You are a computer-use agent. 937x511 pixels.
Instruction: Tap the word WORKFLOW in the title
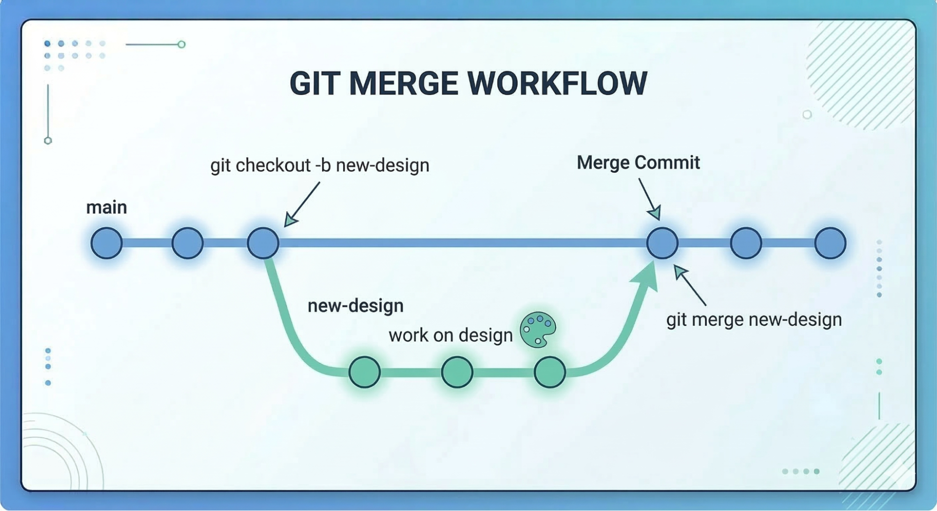[x=557, y=83]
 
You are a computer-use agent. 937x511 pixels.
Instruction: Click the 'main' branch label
[x=106, y=207]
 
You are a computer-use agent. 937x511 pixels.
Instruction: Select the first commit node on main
[x=106, y=243]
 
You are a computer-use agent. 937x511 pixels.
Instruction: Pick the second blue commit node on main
[x=187, y=243]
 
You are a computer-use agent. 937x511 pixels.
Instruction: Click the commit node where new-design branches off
[x=263, y=243]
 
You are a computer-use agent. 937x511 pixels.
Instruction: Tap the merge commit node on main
[x=662, y=243]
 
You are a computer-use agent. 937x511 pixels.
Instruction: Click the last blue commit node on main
[x=830, y=243]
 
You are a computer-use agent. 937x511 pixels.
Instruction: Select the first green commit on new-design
[x=364, y=372]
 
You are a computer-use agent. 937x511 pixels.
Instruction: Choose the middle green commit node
[x=457, y=372]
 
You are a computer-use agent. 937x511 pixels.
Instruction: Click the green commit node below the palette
[x=550, y=372]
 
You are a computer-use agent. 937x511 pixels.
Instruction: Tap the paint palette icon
[x=538, y=330]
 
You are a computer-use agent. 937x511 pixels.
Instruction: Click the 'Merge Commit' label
[x=638, y=163]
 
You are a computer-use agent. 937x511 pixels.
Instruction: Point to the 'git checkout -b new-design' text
[x=320, y=165]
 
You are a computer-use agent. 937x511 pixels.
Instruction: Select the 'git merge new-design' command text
[x=754, y=320]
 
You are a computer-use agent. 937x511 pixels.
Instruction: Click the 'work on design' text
[x=450, y=335]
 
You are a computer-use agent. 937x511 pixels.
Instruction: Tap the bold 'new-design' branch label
[x=355, y=306]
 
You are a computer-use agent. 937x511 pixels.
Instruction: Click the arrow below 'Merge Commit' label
[x=650, y=199]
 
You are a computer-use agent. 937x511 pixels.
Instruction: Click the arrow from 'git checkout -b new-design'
[x=302, y=204]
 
